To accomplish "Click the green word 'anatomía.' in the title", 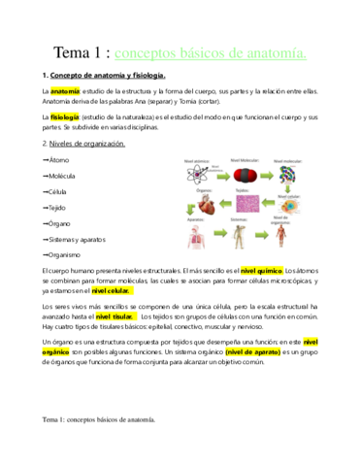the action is coord(272,52).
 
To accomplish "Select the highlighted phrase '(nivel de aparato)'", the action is coord(251,352).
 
